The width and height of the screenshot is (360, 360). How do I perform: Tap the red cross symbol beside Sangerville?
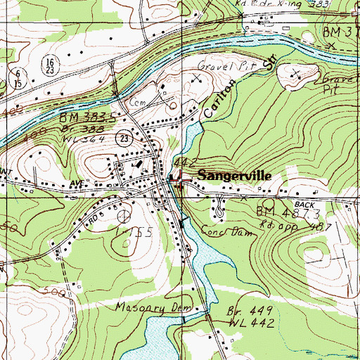(178, 179)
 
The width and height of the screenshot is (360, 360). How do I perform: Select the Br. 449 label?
(243, 309)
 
